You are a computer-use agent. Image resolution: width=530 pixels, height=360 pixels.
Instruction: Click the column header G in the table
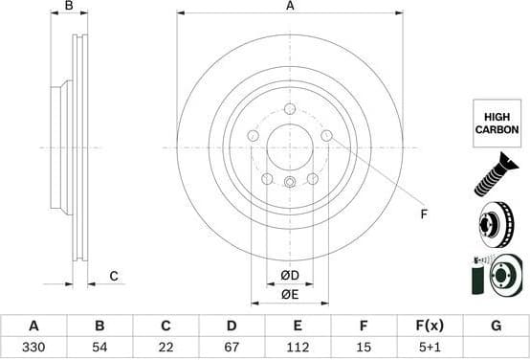[496, 326]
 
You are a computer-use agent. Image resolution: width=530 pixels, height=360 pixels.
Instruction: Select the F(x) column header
[430, 326]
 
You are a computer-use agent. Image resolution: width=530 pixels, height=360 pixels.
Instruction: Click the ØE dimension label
[290, 295]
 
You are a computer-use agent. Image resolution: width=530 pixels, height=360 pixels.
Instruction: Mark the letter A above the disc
[290, 7]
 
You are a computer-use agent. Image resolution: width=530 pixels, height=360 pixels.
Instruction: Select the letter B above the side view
[68, 7]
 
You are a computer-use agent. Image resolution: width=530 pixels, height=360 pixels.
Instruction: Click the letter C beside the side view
[113, 277]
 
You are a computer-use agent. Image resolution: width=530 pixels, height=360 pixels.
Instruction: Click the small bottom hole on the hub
[290, 181]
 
